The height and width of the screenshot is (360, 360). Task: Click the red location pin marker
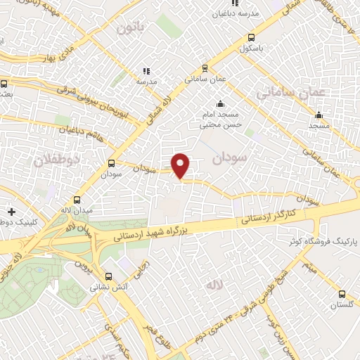pos(181,165)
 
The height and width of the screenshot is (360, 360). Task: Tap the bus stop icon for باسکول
pos(252,38)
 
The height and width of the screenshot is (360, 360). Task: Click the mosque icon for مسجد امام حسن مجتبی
pos(221,103)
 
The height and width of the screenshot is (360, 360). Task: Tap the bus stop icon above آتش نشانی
pos(108,276)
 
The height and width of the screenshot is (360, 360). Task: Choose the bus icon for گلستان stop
pos(342,294)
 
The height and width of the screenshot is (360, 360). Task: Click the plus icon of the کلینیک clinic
pos(12,211)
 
